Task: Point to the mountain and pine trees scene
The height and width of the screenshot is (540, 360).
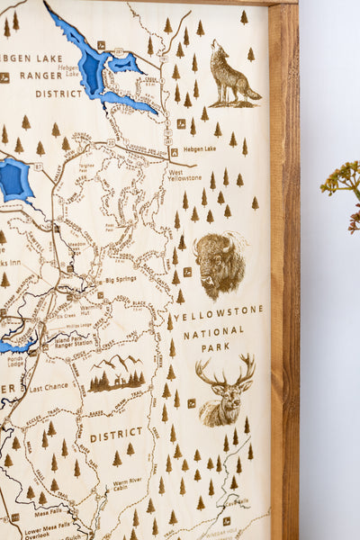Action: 117,374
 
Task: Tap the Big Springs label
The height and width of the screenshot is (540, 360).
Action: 119,279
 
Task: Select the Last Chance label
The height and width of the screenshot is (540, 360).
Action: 48,388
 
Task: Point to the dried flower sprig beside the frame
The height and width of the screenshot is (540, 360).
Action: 343,184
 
